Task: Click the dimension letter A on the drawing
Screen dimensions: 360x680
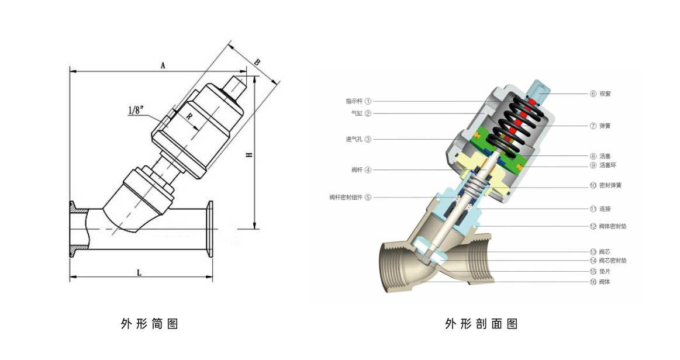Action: pyautogui.click(x=163, y=66)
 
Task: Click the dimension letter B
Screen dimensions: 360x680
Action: pyautogui.click(x=257, y=62)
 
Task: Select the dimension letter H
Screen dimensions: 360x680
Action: pyautogui.click(x=248, y=155)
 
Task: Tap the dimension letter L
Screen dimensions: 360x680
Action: pyautogui.click(x=139, y=272)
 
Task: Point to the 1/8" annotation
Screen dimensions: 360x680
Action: pyautogui.click(x=135, y=110)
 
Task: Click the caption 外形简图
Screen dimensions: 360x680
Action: pyautogui.click(x=149, y=324)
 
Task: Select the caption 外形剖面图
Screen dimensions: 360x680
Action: pyautogui.click(x=481, y=324)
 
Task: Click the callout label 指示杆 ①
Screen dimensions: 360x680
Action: pyautogui.click(x=358, y=101)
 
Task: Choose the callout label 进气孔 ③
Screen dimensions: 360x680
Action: pyautogui.click(x=358, y=139)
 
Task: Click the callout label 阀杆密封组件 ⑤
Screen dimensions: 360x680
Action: pyautogui.click(x=350, y=197)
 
